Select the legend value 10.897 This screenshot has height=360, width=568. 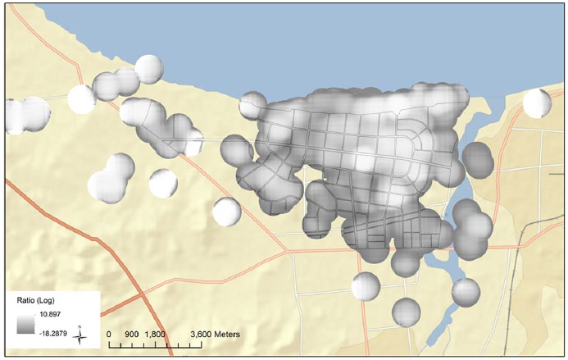41,314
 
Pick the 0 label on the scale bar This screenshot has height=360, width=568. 110,335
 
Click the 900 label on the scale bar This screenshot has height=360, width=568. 133,335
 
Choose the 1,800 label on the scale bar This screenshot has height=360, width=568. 156,335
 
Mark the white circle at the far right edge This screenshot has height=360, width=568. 537,103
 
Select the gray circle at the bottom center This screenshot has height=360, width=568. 406,311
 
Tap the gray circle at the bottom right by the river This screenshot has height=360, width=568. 466,291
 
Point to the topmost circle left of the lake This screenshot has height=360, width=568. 149,68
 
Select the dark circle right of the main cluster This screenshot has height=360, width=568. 479,160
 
